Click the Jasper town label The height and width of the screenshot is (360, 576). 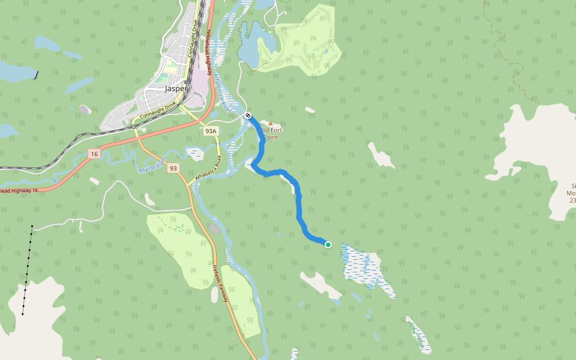[176, 88]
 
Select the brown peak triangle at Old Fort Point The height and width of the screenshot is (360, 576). [270, 124]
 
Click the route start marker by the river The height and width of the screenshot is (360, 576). [248, 115]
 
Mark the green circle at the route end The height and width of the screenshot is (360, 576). [328, 244]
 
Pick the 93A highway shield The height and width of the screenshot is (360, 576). [210, 131]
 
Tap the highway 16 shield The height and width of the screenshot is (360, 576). [94, 154]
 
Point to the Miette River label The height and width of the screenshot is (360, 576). [152, 167]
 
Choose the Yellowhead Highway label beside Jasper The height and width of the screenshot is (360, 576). [209, 52]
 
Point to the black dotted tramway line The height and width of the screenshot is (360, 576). [27, 270]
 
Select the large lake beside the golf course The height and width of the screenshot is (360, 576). [250, 45]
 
